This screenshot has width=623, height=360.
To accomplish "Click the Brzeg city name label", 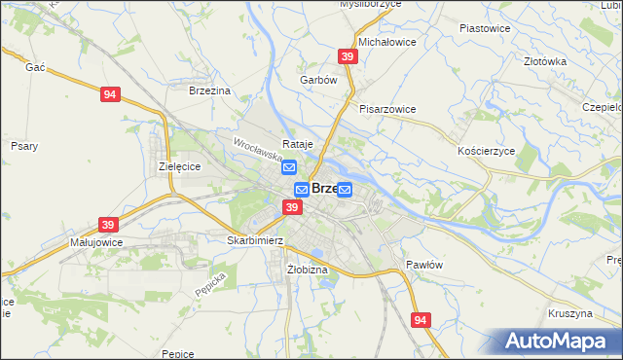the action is tap(324, 189).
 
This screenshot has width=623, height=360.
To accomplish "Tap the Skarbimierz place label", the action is tap(254, 240).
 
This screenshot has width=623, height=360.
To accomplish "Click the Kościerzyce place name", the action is tap(486, 152).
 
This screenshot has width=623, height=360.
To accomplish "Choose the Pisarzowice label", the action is tap(387, 109).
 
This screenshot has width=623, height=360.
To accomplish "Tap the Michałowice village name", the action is tap(387, 43).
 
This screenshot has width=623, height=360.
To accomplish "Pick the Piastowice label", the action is tap(485, 28).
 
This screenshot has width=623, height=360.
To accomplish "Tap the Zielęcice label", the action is tap(179, 166).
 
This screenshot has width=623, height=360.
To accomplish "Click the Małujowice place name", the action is tap(95, 241).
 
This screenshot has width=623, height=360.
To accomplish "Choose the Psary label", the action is tap(24, 146).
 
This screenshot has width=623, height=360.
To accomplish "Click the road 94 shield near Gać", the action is tap(110, 94).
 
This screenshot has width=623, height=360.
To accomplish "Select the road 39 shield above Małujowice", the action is tap(106, 223).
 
